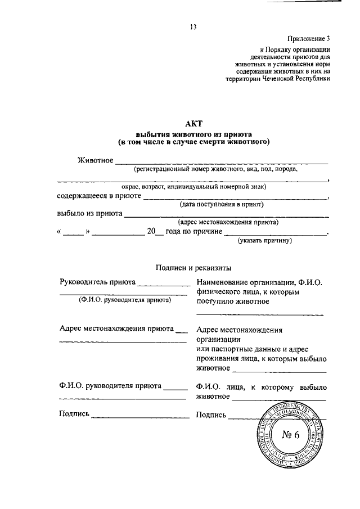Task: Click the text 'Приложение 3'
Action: (x=308, y=39)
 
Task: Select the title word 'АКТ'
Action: (x=193, y=123)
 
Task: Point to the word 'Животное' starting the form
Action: (x=95, y=161)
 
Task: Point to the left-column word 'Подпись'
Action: (x=74, y=415)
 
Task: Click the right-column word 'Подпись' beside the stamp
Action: (x=211, y=415)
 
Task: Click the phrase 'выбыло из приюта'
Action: (x=89, y=214)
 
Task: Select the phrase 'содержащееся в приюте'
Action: (x=98, y=196)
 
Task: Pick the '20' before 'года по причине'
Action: (x=150, y=231)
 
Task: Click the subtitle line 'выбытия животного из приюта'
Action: (x=193, y=134)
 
